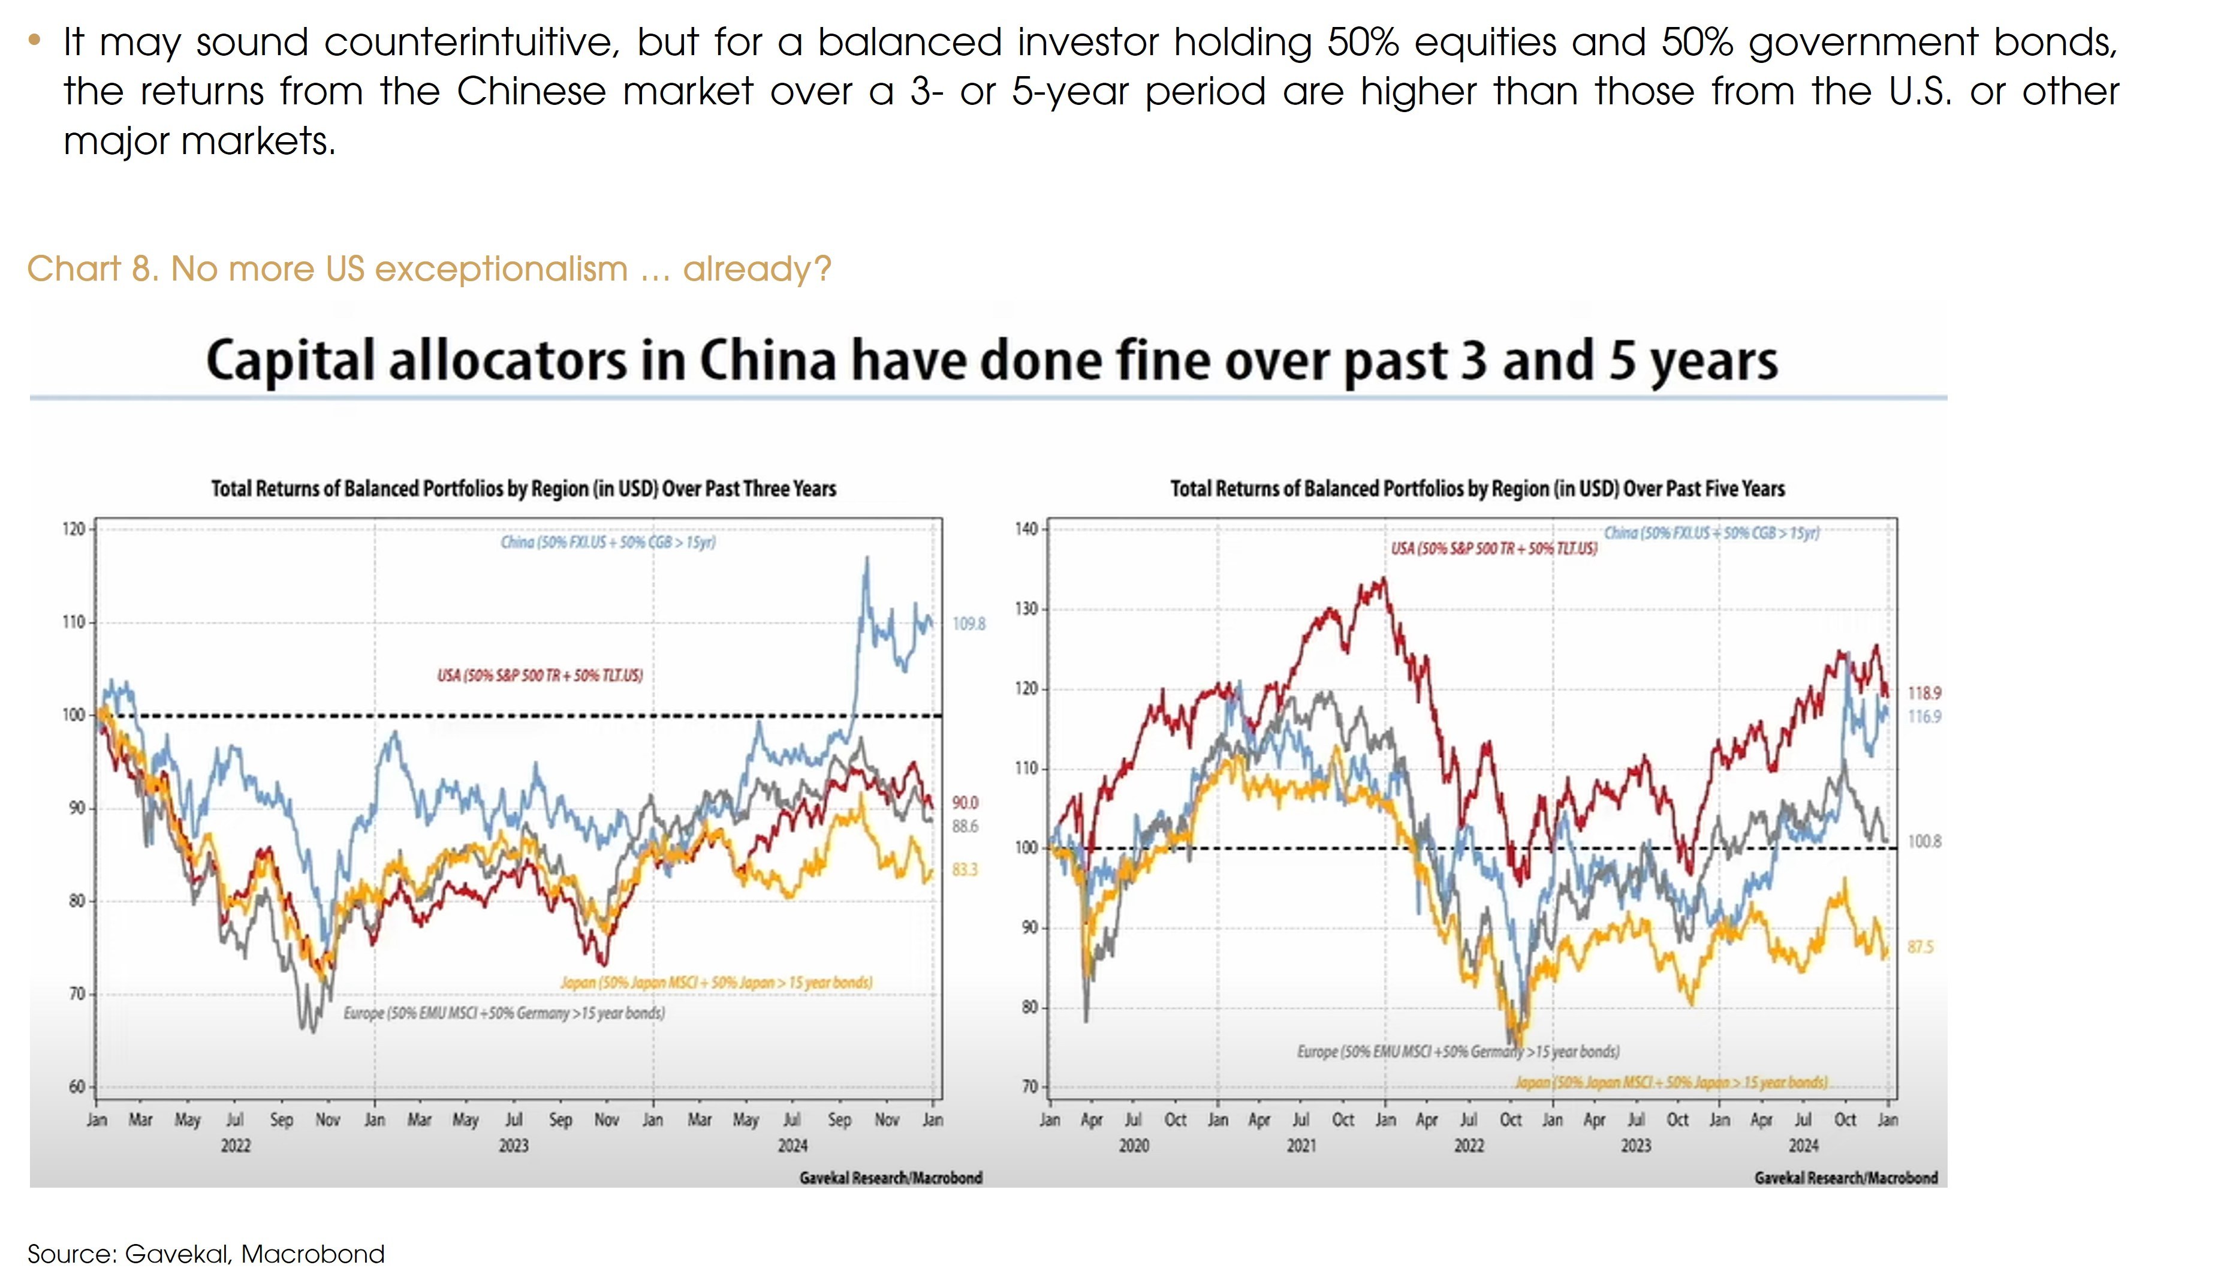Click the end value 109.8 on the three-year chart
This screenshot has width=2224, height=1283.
[x=968, y=624]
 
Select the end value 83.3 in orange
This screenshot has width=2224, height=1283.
[x=965, y=870]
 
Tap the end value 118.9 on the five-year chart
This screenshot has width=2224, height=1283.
[x=1924, y=694]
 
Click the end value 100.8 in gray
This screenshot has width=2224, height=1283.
[x=1924, y=842]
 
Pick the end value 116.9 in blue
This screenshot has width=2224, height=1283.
[x=1924, y=716]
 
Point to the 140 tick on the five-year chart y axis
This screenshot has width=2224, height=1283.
[x=1026, y=529]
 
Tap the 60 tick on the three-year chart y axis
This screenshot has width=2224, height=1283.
[x=77, y=1086]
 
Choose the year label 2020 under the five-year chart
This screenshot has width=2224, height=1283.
[x=1134, y=1146]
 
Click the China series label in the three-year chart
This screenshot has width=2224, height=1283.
[x=608, y=542]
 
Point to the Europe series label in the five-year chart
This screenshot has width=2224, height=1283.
[x=1458, y=1051]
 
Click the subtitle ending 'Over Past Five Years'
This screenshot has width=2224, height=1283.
[x=1477, y=489]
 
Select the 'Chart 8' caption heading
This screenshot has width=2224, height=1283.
[x=429, y=269]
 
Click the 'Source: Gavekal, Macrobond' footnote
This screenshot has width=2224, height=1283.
[x=206, y=1254]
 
